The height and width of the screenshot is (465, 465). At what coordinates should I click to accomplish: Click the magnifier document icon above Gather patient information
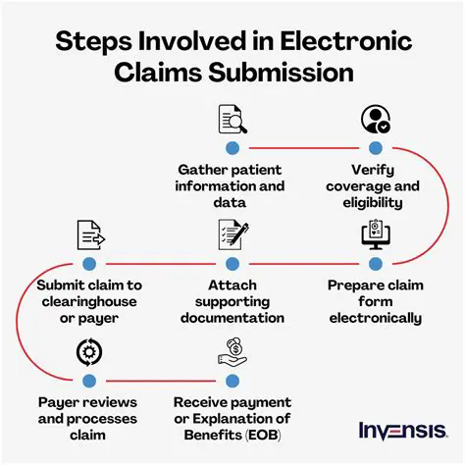tap(232, 119)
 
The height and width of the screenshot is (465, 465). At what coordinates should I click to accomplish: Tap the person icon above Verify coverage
tap(374, 119)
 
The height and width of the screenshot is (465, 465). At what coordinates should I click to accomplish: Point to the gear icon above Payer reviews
tap(89, 349)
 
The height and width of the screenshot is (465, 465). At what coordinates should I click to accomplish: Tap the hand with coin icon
tap(232, 349)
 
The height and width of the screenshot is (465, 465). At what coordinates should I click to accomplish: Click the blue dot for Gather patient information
tap(232, 148)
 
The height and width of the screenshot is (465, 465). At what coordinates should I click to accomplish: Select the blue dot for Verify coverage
tap(374, 148)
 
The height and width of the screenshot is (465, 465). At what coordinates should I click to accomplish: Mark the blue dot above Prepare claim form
tap(374, 264)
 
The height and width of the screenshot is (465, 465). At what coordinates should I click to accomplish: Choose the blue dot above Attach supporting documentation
tap(232, 264)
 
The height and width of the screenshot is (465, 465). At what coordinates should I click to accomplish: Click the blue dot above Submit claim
tap(89, 264)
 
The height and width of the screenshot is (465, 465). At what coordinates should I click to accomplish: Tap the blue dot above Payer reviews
tap(89, 379)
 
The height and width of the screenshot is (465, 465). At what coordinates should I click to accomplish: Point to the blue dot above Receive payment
tap(232, 379)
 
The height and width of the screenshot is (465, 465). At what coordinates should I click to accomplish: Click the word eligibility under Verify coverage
tap(374, 203)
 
